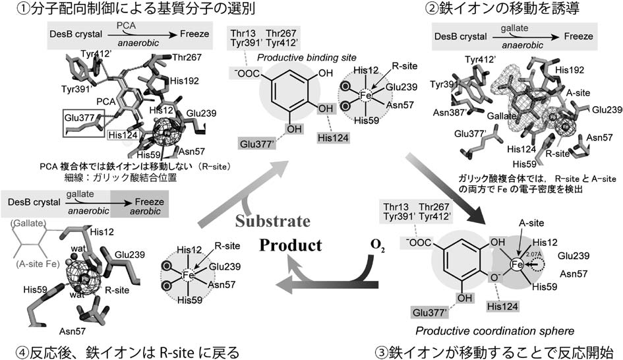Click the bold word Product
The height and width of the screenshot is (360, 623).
click(291, 245)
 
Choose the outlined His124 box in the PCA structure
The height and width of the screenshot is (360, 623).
click(123, 135)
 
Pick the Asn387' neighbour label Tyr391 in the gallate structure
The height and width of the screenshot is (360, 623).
click(444, 85)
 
